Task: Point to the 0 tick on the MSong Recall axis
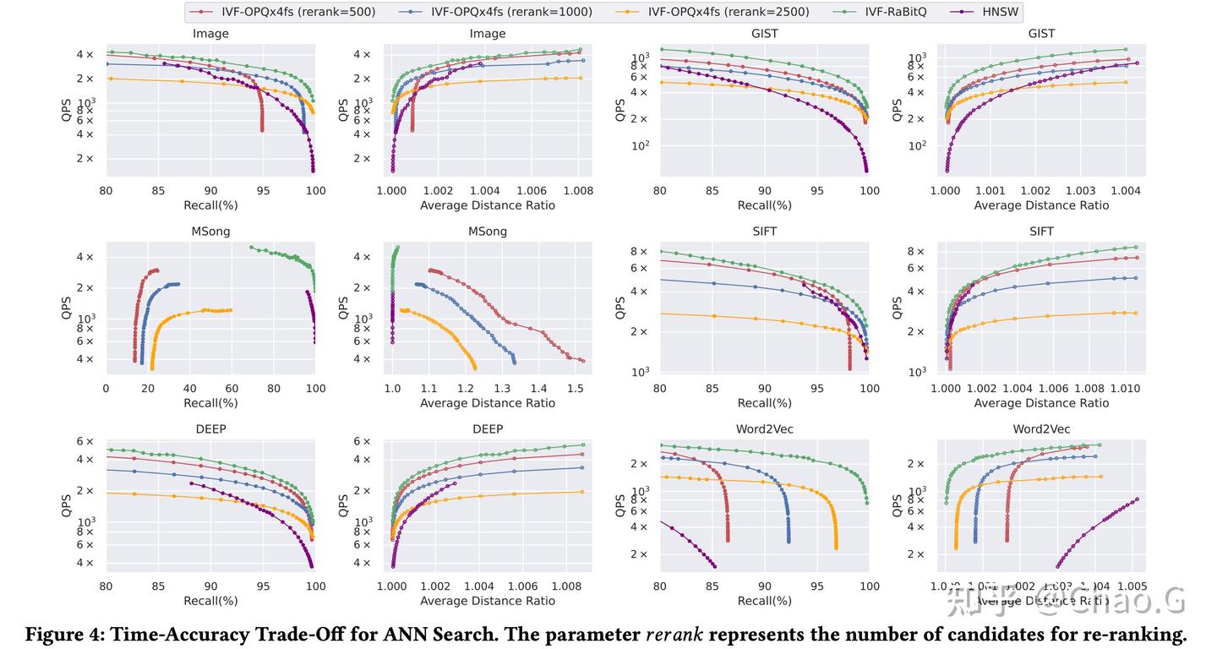(106, 389)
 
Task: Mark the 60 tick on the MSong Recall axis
(232, 389)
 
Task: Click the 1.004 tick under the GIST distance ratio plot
(1125, 192)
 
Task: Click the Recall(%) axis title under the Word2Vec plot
(764, 601)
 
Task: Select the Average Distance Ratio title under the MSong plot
(488, 403)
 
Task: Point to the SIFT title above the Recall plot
(764, 232)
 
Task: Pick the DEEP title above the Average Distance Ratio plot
(488, 429)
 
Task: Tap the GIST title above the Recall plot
(764, 34)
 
